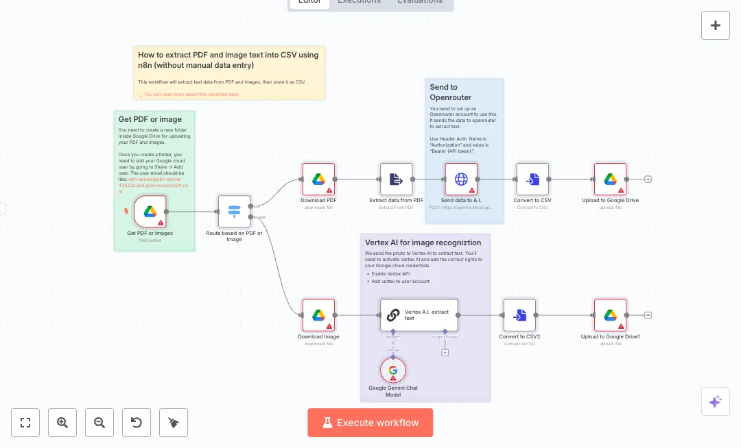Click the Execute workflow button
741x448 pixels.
370,423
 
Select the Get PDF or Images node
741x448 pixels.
150,212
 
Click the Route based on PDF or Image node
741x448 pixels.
234,212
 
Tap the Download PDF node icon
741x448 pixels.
318,179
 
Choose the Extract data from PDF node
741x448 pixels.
397,179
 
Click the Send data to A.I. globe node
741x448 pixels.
461,179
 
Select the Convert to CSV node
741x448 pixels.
532,179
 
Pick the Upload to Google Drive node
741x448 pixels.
610,179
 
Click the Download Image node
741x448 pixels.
318,315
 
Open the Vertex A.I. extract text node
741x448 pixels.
419,315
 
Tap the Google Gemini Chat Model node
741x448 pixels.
393,371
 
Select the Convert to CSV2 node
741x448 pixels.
519,315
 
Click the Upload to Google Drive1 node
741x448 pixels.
610,315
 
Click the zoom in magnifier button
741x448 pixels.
62,423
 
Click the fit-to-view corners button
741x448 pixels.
25,423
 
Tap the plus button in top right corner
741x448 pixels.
716,25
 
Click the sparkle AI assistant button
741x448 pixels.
715,401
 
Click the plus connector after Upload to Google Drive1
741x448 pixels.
648,315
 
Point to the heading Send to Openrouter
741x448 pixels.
450,92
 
